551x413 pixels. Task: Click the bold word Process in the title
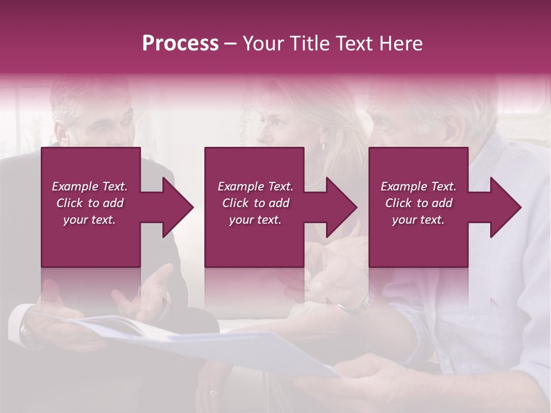[x=180, y=44]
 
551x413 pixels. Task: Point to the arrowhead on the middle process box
[x=339, y=207]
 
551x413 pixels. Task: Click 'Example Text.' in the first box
[x=90, y=186]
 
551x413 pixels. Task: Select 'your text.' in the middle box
[x=255, y=220]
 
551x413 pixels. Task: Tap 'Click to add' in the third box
[x=418, y=203]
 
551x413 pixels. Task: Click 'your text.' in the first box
[x=90, y=220]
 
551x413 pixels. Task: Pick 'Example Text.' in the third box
[x=418, y=186]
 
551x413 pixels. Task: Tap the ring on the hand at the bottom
[x=214, y=393]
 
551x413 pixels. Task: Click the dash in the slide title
[x=230, y=44]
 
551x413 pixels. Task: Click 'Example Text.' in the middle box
[x=255, y=186]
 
